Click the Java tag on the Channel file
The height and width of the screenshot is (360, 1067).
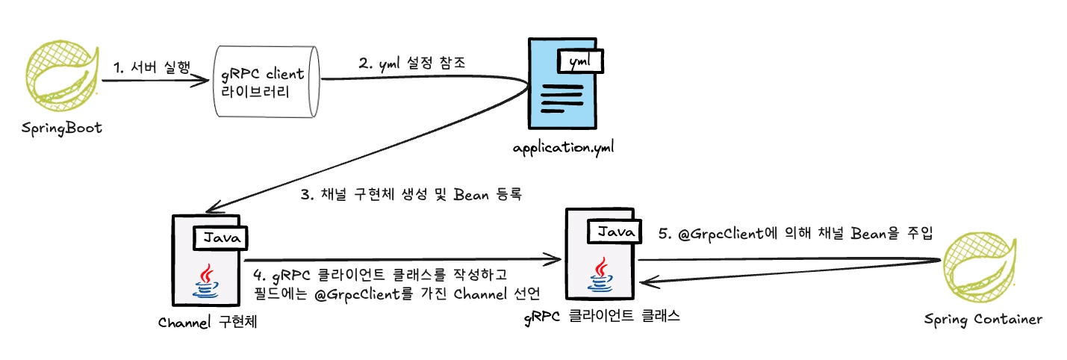221,238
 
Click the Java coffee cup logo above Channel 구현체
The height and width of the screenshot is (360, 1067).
207,279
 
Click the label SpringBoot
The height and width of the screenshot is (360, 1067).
61,129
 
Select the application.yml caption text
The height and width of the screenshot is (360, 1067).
563,146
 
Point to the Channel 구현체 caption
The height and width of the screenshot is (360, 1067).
213,323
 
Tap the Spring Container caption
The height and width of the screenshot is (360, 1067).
982,320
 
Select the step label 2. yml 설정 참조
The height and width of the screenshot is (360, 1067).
412,63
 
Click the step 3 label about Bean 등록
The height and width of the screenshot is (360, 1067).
414,196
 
